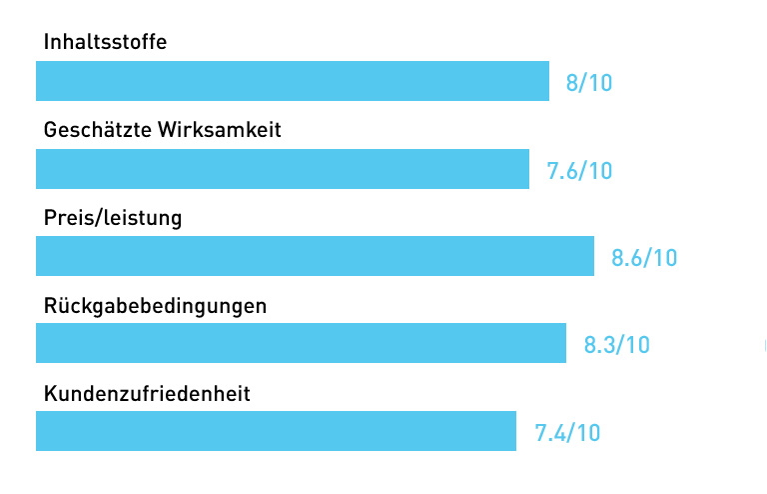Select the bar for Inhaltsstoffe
pos(293,81)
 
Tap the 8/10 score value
pos(588,83)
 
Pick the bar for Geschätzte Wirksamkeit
pos(283,169)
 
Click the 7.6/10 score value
pos(579,171)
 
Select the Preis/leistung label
pos(113,217)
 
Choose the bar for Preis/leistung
pos(315,256)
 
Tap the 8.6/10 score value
pos(644,258)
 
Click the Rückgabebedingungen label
pos(156,305)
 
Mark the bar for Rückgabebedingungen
pos(301,343)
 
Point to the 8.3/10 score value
pos(616,345)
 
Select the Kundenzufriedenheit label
pos(147,393)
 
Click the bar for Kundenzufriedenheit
pos(276,431)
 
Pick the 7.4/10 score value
pos(567,433)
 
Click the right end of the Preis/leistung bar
pos(591,256)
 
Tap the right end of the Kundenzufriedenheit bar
pos(513,431)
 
